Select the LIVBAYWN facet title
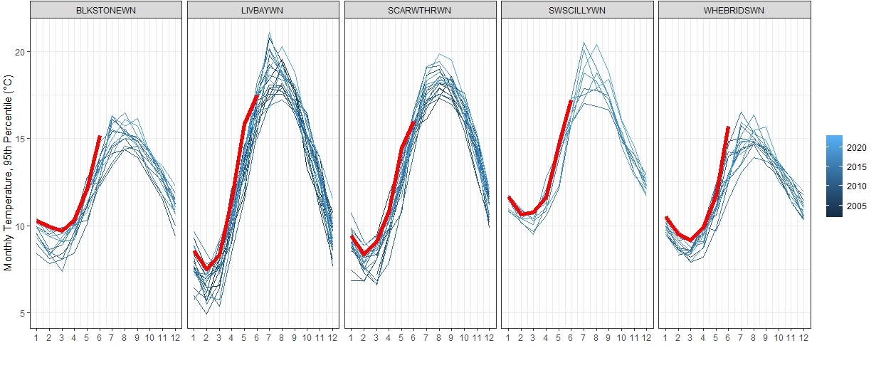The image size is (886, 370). point(263,10)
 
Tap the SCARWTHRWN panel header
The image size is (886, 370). point(420,10)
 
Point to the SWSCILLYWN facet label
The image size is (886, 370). point(577,10)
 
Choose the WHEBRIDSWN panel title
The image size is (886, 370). point(734,10)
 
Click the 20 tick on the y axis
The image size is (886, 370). point(20,52)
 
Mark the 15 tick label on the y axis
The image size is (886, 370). point(20,139)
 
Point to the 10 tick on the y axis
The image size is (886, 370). point(20,226)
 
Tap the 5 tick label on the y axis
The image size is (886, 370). point(22,313)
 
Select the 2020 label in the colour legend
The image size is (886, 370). point(857,148)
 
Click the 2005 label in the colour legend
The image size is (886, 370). point(857,206)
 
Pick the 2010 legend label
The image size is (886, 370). point(857,186)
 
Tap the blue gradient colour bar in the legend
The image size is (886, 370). point(834,175)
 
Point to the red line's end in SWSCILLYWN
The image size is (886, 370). point(571,101)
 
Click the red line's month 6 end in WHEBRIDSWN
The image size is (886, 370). point(728,127)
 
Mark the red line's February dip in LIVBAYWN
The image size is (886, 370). point(206,269)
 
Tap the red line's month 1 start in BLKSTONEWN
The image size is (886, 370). point(37,221)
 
